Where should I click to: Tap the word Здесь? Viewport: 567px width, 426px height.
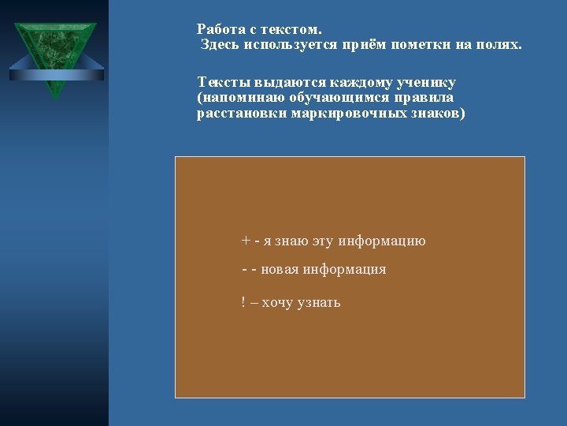click(220, 45)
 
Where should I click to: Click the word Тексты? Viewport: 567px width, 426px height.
click(224, 83)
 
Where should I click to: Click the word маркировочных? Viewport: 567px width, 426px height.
click(349, 114)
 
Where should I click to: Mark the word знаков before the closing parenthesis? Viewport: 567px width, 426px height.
click(435, 114)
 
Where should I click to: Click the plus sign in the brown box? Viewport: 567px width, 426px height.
click(246, 241)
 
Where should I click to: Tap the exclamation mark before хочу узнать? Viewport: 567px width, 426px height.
click(243, 301)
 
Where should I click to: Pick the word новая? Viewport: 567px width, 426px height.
click(280, 270)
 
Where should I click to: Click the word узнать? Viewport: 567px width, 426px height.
click(319, 302)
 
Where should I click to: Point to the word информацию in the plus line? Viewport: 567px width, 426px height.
click(382, 241)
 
